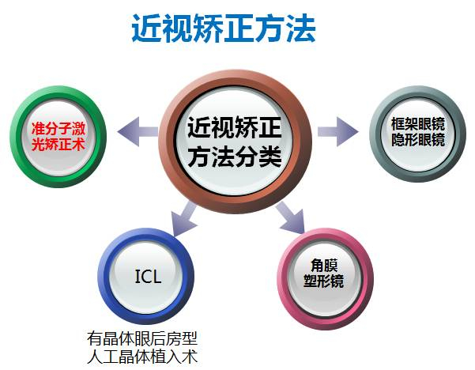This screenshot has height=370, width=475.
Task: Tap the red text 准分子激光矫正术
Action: [56, 134]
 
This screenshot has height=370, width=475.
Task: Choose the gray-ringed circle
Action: [417, 130]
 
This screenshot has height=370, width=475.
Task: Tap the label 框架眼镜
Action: [417, 123]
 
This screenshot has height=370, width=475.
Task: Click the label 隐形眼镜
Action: [417, 141]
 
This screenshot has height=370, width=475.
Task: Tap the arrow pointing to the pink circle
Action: [291, 215]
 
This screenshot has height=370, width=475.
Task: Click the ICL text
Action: [149, 277]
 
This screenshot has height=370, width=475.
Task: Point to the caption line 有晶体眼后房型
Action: [142, 338]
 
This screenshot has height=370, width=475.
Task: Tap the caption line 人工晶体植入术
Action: [142, 356]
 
